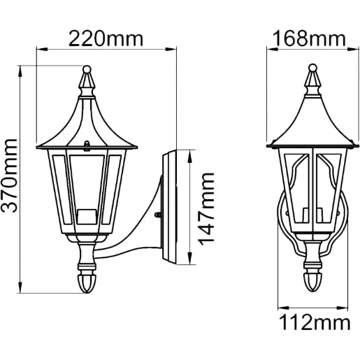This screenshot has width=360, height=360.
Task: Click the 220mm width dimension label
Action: [106, 38]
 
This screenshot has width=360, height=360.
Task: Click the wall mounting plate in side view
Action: [171, 208]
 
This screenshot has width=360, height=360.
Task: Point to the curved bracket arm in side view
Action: [133, 238]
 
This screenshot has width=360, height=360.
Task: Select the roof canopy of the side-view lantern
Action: [87, 126]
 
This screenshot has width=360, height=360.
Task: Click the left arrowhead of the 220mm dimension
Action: [40, 50]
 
